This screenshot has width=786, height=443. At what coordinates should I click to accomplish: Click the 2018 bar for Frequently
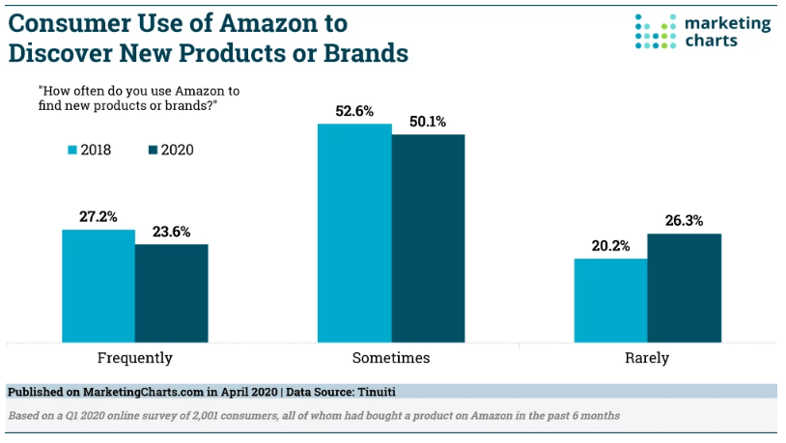pos(98,286)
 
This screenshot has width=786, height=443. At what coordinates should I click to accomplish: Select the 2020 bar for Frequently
pos(172,293)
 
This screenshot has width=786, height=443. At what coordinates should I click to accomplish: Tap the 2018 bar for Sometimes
pos(354,233)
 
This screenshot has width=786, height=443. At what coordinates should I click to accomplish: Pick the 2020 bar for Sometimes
pos(428,238)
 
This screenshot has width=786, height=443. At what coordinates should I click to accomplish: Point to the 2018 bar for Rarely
pos(610,301)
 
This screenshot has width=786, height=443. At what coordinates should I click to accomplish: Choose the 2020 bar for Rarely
pos(685,289)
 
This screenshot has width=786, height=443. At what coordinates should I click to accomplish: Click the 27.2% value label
pos(98,217)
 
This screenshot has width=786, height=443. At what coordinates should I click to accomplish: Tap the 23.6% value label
pos(172,232)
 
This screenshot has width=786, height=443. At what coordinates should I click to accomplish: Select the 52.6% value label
pos(354,111)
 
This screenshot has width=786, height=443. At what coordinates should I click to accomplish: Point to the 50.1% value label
pos(428,122)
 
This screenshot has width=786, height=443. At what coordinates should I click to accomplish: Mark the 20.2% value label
pos(610,246)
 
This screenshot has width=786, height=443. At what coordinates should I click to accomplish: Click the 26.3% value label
pos(685,221)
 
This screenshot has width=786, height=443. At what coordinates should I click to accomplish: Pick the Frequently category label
pos(135,358)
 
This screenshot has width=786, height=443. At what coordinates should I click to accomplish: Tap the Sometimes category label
pos(391,358)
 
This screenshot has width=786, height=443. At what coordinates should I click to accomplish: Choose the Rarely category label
pos(647,358)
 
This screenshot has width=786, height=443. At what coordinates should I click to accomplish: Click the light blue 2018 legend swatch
pos(72,150)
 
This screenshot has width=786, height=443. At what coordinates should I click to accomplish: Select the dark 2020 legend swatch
pos(153,150)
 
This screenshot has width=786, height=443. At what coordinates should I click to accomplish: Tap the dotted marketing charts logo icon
pos(656,32)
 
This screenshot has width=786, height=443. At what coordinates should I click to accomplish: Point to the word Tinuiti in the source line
pos(377,392)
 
